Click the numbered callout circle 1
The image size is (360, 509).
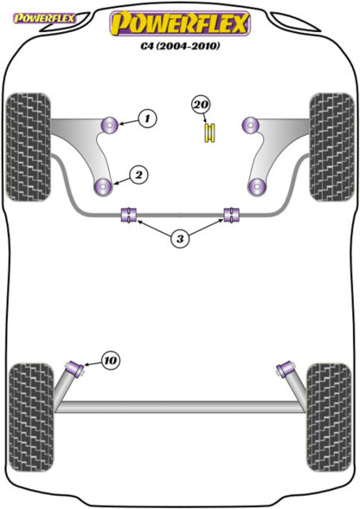point(147,119)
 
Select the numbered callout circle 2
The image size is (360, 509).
point(138,175)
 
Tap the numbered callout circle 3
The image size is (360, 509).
point(180,239)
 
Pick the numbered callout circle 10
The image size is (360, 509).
point(111,360)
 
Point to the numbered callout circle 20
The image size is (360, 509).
point(201,105)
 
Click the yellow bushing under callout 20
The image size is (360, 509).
point(210,132)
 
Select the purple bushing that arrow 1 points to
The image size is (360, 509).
point(109,125)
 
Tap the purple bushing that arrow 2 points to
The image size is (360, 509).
point(103,187)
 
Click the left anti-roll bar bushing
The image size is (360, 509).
point(129,215)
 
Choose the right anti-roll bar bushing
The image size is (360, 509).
point(232,215)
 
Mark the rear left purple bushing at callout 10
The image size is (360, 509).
point(75,369)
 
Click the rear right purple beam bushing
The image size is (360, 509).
point(286,369)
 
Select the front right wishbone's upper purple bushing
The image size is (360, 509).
point(251,125)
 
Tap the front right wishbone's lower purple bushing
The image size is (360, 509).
point(257,187)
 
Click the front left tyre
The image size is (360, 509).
point(29,147)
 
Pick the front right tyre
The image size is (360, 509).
point(331,147)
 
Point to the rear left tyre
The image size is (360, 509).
point(31,417)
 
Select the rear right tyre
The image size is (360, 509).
point(329,417)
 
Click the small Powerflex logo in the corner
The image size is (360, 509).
point(44,18)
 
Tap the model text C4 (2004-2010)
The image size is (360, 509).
point(180,46)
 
